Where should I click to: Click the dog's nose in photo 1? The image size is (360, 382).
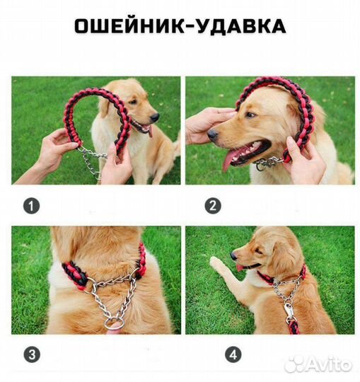click(x=155, y=117)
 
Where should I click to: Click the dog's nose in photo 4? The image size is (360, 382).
click(x=233, y=255)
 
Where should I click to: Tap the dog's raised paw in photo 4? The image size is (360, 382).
click(x=216, y=264)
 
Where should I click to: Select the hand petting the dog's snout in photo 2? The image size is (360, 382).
click(x=205, y=124)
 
